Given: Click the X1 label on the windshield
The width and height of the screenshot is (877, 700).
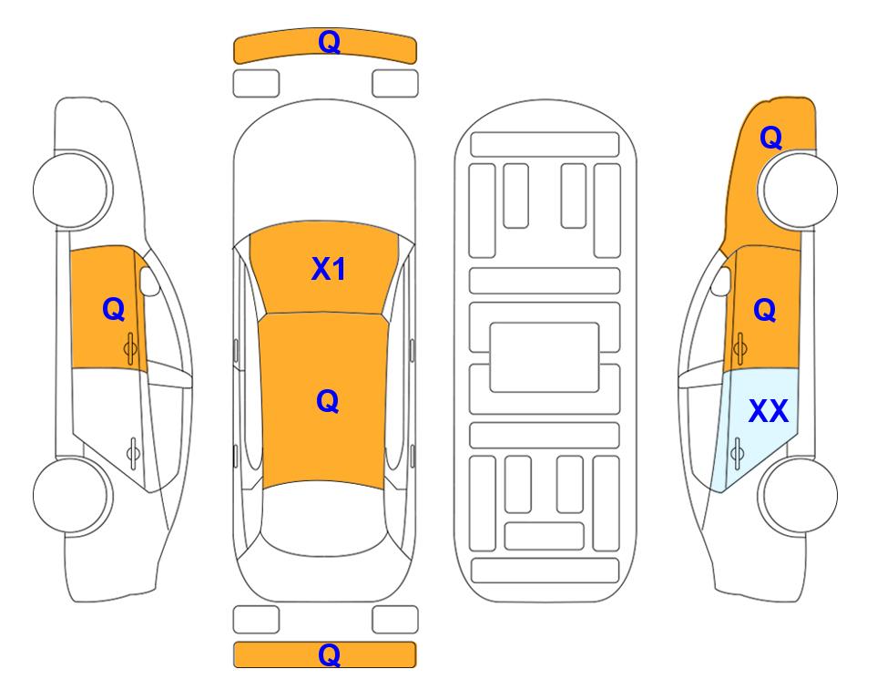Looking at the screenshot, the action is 329,270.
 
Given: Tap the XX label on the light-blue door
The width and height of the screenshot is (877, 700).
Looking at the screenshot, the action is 769,411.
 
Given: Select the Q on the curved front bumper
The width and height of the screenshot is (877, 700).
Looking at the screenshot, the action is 330,42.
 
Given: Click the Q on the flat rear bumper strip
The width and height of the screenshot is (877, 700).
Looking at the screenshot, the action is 330,654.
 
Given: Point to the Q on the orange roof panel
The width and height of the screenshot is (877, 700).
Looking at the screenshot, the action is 328,401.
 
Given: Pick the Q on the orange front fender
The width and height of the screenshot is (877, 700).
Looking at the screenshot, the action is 770,138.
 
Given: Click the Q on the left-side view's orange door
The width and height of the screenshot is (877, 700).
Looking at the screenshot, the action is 114,309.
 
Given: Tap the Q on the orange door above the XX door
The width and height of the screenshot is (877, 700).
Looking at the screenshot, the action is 765,310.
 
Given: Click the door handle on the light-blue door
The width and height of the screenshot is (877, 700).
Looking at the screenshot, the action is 738,453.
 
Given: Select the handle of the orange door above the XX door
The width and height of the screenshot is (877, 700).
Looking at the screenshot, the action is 740,348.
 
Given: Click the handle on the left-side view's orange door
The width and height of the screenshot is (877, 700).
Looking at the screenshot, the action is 130,348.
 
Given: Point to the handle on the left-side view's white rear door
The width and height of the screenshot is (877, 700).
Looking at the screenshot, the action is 133,453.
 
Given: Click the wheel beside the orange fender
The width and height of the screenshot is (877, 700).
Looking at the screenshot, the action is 798,190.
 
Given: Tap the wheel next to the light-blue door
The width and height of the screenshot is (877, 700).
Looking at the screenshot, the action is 798,495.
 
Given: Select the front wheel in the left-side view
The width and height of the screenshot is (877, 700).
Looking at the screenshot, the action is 72,190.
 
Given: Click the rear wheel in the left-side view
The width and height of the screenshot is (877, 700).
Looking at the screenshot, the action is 72,495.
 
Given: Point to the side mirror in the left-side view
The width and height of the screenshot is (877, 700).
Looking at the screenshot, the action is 149,281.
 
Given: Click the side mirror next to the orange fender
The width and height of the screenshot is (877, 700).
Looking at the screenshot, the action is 721,281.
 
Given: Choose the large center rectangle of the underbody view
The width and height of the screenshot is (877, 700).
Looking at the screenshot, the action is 545,357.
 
